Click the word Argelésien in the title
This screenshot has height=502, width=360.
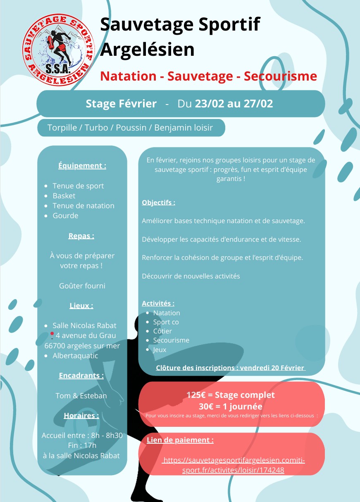point(147,50)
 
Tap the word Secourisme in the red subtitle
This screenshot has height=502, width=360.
point(280,76)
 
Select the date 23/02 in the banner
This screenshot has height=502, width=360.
point(209,104)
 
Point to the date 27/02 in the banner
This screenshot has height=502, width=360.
point(257,104)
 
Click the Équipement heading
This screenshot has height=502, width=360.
point(82,166)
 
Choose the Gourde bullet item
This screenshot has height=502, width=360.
point(65,216)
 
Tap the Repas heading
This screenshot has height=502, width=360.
point(81,236)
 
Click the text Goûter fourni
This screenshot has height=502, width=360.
point(82,285)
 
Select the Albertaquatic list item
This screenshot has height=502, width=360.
point(75,356)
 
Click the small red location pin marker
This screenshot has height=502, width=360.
point(52,334)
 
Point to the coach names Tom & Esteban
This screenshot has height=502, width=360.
point(81,396)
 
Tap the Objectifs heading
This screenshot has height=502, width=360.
point(158,202)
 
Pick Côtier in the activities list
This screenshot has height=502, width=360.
point(162,331)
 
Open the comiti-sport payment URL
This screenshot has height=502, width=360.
point(233,465)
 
